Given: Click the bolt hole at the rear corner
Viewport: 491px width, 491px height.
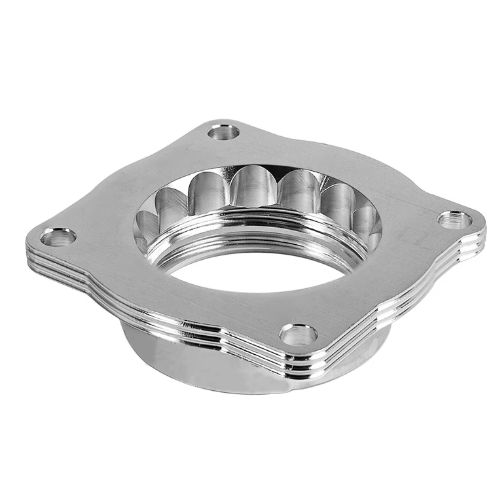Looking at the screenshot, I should [x=224, y=132].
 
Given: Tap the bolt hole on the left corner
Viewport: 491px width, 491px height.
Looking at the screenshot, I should [x=58, y=237].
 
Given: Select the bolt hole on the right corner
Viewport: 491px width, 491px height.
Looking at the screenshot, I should [x=454, y=220].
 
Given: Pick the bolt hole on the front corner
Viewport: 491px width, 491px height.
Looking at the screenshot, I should [x=299, y=335].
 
